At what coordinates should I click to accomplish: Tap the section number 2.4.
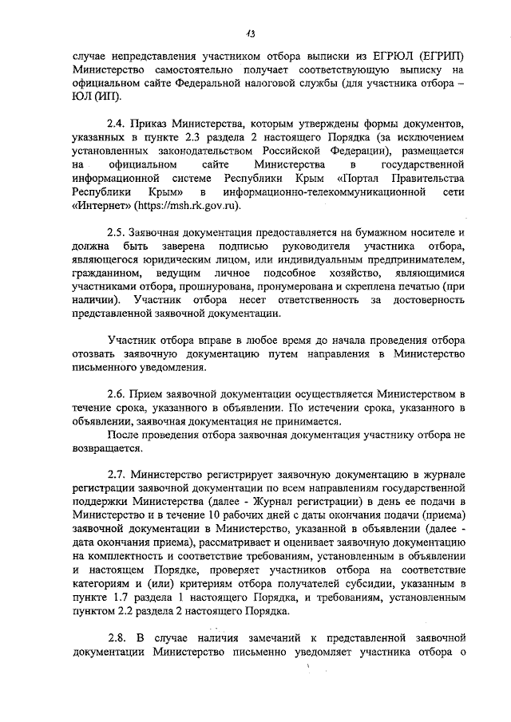[118, 124]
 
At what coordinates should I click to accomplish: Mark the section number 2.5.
[118, 232]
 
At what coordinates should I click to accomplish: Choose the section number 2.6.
[118, 394]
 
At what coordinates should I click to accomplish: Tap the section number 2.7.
[118, 474]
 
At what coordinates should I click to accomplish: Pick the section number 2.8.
[118, 637]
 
